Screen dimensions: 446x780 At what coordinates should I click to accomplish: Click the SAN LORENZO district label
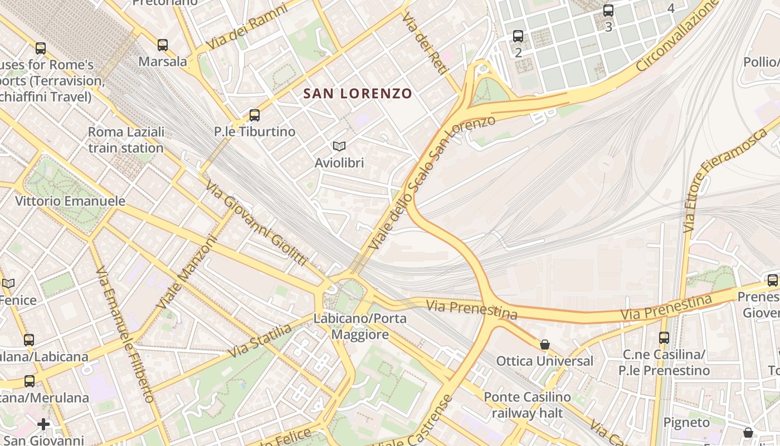point(358,94)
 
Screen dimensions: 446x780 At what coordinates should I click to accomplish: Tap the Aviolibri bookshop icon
point(339,147)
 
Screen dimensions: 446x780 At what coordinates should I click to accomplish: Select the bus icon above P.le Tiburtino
point(255,115)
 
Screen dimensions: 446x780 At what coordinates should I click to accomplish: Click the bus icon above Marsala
point(163,45)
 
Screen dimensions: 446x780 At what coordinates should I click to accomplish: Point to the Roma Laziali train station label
point(126,140)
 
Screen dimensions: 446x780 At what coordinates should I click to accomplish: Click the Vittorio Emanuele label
point(70,201)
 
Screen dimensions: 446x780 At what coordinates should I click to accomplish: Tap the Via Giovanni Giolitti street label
point(256,223)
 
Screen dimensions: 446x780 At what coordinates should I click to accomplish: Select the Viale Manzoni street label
point(186,272)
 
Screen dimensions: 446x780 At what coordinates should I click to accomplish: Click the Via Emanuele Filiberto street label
point(125,334)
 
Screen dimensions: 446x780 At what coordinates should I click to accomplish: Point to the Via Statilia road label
point(260,341)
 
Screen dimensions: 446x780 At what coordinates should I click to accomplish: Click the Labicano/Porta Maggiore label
point(360,327)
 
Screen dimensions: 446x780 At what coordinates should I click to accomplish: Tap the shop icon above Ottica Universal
point(545,345)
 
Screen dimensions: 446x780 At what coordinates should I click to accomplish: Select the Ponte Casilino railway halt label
point(527,405)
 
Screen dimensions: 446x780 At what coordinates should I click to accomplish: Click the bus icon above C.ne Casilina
point(664,338)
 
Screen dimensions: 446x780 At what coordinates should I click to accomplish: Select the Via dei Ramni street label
point(247,26)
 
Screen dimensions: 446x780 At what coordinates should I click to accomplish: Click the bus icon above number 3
point(608,11)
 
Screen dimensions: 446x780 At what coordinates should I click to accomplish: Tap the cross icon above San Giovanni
point(43,425)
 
